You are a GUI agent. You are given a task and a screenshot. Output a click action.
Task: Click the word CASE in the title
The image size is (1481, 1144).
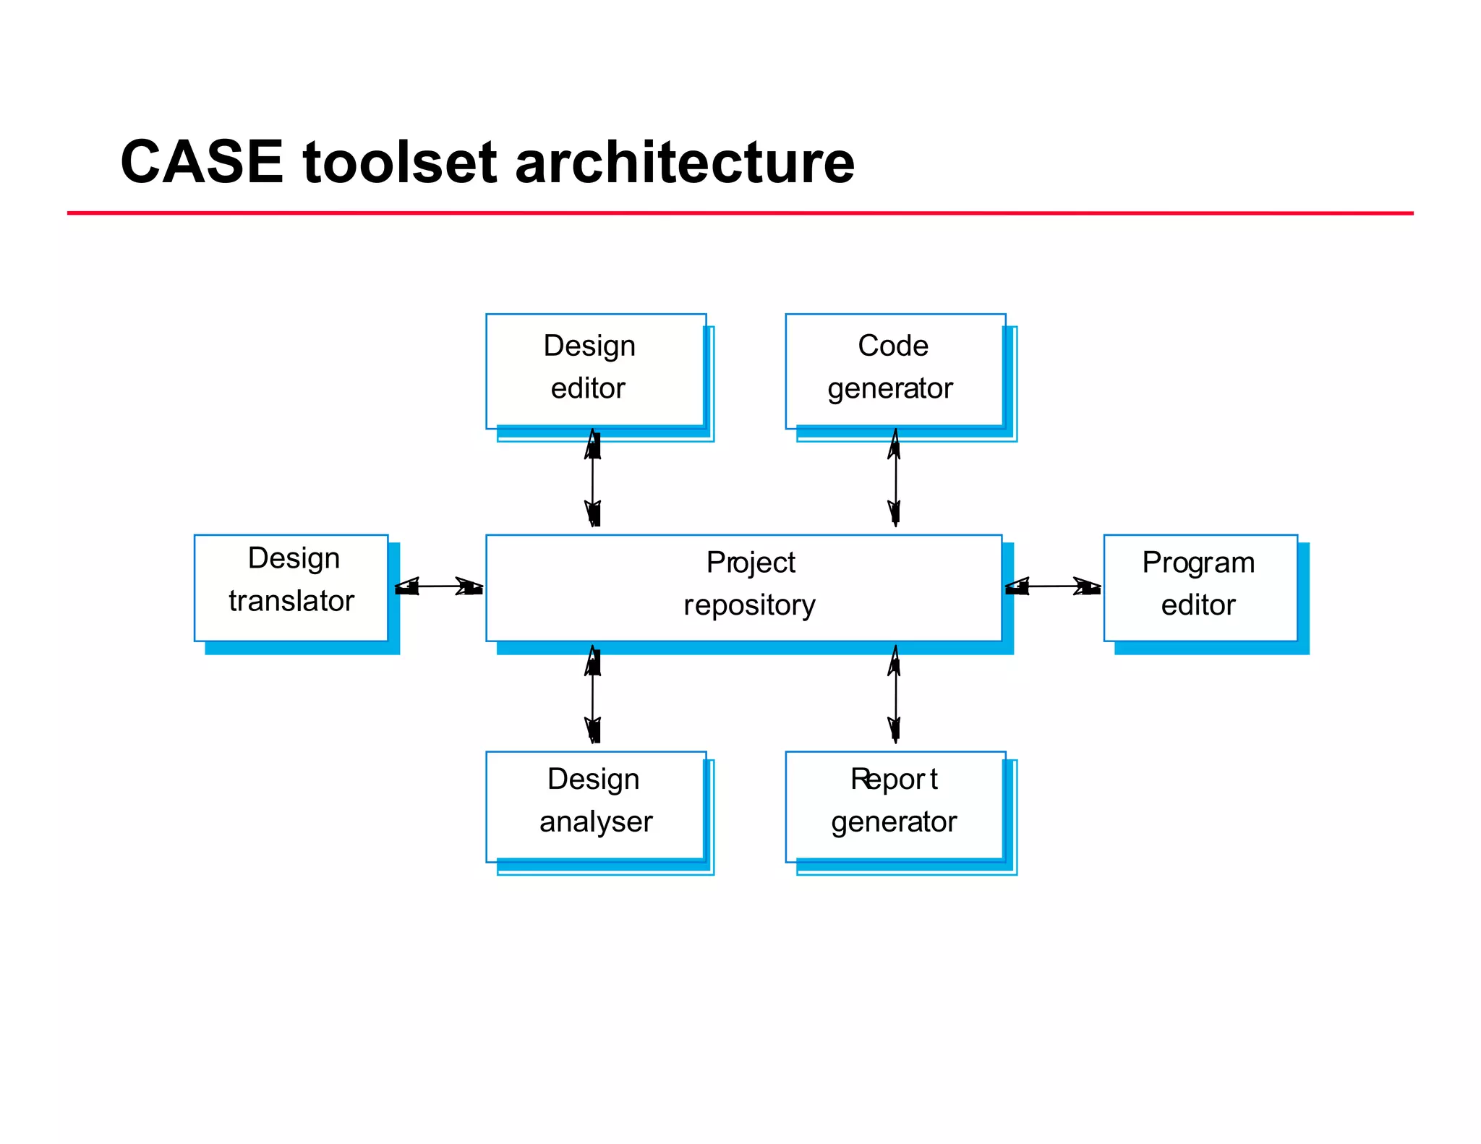click(202, 162)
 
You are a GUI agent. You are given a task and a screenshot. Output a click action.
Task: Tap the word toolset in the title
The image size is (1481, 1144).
click(400, 162)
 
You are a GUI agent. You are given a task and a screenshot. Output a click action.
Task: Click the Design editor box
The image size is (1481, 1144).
click(595, 370)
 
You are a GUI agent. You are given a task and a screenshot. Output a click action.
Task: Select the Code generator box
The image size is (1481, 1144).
click(895, 370)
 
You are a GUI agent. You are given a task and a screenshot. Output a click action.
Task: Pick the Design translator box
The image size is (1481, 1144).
click(291, 587)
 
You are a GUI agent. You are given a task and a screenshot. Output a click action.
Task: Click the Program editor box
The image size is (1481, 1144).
click(1200, 587)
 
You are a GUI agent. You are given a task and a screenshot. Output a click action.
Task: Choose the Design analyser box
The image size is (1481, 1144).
click(595, 806)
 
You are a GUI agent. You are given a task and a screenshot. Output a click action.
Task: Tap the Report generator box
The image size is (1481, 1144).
click(895, 806)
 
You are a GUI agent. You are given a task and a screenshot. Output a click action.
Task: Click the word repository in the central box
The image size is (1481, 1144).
click(749, 605)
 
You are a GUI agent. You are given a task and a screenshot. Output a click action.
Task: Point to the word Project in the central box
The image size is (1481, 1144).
click(751, 563)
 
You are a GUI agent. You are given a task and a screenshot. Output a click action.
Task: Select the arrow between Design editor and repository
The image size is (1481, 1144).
click(593, 478)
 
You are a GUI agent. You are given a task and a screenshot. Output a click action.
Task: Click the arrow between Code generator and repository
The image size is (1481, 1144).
click(895, 478)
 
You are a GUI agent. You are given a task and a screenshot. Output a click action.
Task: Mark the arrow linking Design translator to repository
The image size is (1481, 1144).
click(438, 586)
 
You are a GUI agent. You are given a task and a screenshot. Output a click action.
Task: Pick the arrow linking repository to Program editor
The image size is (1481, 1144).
click(1052, 586)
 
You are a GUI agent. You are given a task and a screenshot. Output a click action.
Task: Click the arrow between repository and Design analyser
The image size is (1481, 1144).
click(593, 695)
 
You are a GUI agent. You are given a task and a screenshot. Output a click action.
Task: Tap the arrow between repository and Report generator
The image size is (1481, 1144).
click(895, 695)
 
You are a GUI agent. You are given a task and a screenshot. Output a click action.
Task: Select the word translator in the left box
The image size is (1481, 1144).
click(291, 601)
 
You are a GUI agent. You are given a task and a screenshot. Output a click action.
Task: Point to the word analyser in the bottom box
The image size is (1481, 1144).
click(596, 822)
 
